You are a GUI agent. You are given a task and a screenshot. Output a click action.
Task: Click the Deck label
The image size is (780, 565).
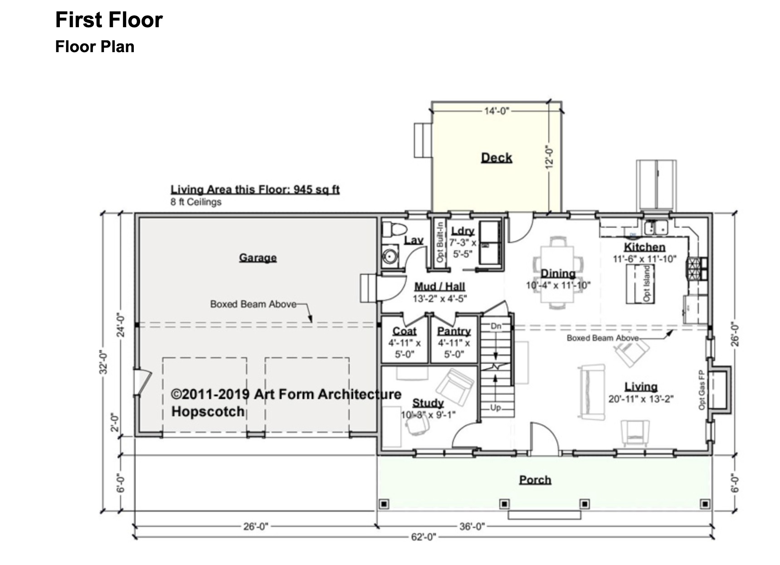[x=497, y=158]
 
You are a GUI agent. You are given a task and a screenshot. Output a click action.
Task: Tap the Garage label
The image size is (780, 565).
[x=258, y=258]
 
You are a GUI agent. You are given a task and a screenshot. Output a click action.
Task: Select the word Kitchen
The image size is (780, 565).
[x=644, y=247]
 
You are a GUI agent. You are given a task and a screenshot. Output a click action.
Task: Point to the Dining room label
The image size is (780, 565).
[x=558, y=273]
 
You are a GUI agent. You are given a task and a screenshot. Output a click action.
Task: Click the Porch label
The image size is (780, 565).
[x=535, y=480]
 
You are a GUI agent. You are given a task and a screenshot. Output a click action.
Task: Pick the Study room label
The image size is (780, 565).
[x=428, y=403]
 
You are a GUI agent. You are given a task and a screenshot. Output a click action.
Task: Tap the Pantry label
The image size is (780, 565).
[x=454, y=331]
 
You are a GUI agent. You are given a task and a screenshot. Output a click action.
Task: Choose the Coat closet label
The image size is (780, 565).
[x=405, y=331]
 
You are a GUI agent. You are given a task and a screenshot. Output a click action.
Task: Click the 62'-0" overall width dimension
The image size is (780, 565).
[x=424, y=537]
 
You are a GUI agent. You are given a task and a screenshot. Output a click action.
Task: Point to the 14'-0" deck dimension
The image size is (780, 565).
[x=497, y=111]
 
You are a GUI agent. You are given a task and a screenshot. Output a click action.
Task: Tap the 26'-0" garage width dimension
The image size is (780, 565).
[x=256, y=526]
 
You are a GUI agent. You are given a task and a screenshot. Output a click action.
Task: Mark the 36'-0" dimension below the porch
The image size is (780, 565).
[x=472, y=526]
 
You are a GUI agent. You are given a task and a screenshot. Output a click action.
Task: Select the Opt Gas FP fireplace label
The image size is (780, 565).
[x=702, y=390]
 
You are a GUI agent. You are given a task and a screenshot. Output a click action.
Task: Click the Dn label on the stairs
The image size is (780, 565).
[x=496, y=326]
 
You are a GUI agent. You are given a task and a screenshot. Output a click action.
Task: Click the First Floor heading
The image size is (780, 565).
[x=109, y=20]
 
